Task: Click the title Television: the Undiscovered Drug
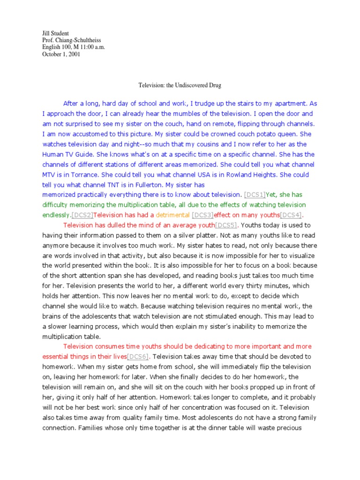pyautogui.click(x=180, y=86)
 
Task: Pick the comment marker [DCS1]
pyautogui.click(x=255, y=195)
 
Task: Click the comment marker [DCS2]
pyautogui.click(x=83, y=215)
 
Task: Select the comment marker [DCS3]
pyautogui.click(x=203, y=215)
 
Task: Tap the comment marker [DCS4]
pyautogui.click(x=291, y=215)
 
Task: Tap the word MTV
pyautogui.click(x=50, y=174)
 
